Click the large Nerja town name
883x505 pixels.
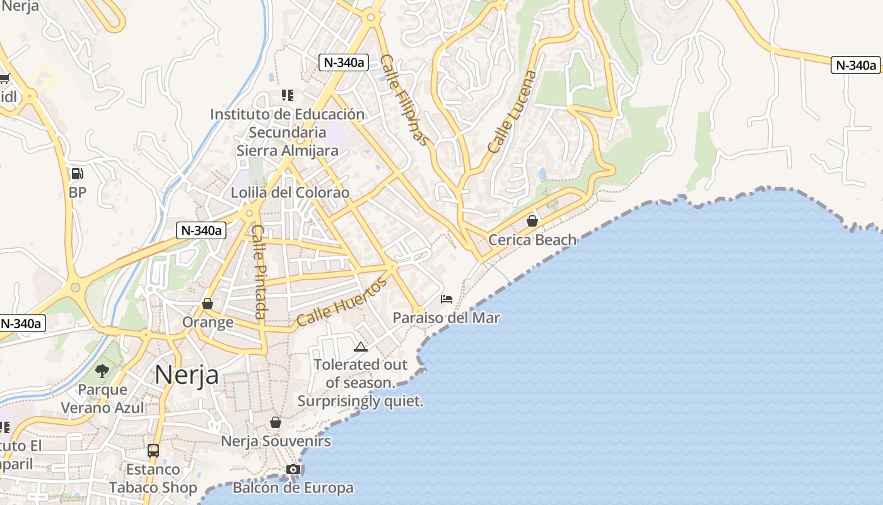[x=187, y=374]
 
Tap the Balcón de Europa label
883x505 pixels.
[x=293, y=488]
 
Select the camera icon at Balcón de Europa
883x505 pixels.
[x=293, y=469]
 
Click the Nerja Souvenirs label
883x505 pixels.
[x=276, y=441]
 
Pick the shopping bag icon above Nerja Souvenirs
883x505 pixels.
[x=276, y=422]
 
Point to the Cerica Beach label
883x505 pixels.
[x=532, y=240]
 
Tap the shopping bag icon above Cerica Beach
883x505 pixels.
[x=532, y=220]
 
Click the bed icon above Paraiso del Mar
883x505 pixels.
[x=447, y=299]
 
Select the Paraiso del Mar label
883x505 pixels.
[x=447, y=318]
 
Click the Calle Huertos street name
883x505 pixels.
[x=341, y=303]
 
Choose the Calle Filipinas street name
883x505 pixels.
[x=405, y=100]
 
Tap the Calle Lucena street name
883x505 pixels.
[x=512, y=112]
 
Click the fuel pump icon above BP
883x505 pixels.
[x=77, y=173]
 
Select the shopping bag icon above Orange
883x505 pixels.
[x=208, y=304]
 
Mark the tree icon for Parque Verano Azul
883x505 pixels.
[x=102, y=371]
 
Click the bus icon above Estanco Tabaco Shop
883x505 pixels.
[x=153, y=450]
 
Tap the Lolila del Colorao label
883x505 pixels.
[x=290, y=193]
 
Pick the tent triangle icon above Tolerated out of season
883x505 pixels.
[x=360, y=346]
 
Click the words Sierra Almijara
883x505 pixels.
[x=288, y=151]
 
